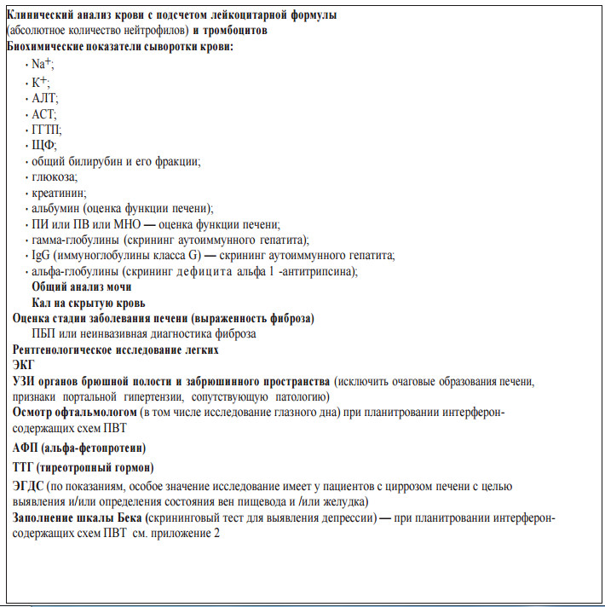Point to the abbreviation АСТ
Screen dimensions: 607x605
coord(43,113)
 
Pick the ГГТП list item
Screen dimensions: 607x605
coord(45,130)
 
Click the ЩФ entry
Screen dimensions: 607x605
coord(43,146)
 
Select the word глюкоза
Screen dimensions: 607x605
coord(53,177)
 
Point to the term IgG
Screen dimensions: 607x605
coord(39,256)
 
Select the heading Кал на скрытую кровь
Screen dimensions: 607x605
coord(88,303)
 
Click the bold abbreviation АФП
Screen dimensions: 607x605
coord(26,448)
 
